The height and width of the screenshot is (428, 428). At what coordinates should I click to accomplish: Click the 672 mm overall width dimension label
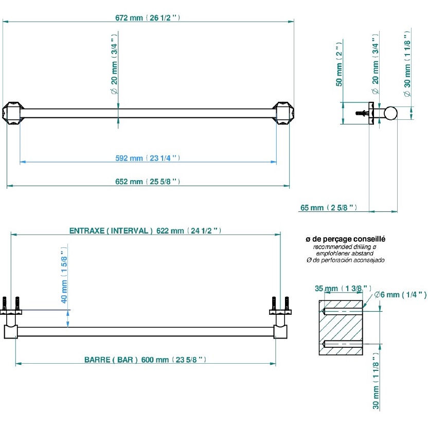point(147,17)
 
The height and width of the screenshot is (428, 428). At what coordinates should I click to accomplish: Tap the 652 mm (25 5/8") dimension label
point(147,182)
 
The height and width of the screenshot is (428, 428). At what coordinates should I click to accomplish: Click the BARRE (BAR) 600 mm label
point(145,360)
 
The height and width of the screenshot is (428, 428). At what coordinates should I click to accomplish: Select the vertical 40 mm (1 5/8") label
point(64,275)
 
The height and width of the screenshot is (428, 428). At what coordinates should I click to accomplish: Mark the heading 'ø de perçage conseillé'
point(345,239)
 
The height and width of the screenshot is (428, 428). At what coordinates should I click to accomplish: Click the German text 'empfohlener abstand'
point(345,254)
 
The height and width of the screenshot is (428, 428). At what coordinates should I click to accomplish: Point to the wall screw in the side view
point(363,112)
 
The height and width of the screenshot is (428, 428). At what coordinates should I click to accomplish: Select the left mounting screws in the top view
point(11,305)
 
